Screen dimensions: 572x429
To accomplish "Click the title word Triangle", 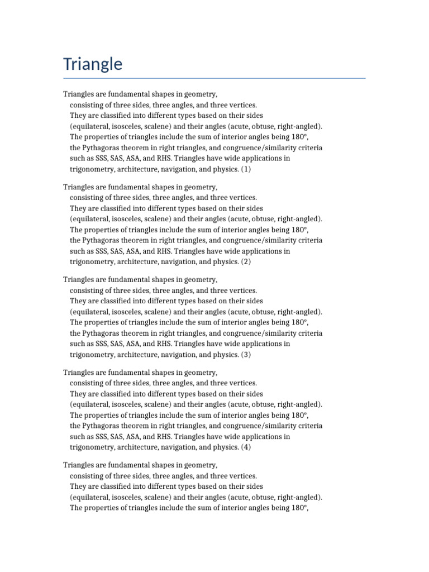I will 93,64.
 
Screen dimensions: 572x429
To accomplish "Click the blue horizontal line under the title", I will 214,78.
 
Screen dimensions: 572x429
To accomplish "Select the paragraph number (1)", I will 246,169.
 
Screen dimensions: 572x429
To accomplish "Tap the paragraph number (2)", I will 246,262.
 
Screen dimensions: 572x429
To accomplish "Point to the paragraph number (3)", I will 246,355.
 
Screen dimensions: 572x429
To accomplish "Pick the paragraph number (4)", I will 246,447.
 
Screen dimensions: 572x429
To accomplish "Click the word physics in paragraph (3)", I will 226,355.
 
